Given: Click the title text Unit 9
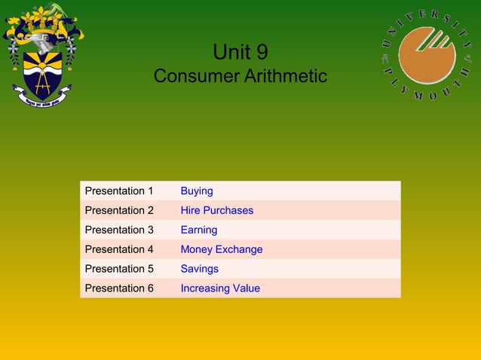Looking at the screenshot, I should tap(240, 52).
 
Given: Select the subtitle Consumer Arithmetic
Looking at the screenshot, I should tap(240, 76).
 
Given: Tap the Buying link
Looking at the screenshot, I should tap(197, 191).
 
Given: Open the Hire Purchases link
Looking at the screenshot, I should tap(216, 210).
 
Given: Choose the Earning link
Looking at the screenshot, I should tap(198, 230).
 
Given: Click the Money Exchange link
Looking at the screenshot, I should tap(221, 249).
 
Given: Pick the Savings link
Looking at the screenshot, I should tap(199, 269).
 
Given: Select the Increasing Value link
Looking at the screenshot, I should tap(220, 288).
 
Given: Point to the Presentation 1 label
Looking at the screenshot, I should tap(119, 191).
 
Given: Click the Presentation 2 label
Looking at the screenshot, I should tap(119, 210).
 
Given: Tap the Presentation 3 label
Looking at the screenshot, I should tap(119, 230).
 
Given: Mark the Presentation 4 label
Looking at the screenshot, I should tap(119, 249).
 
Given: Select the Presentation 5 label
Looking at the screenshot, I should tap(119, 269).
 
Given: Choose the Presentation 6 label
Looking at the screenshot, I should tap(119, 288).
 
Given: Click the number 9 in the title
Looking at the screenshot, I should tap(261, 52).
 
